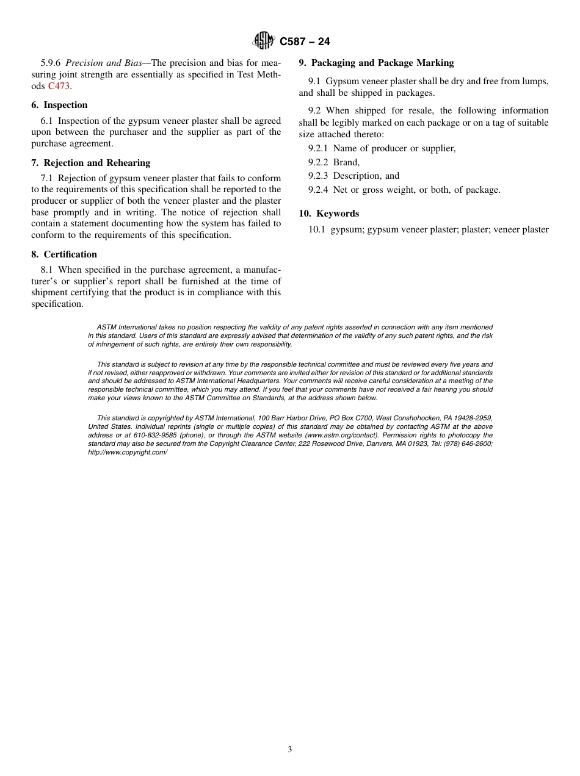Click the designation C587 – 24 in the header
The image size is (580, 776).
[305, 41]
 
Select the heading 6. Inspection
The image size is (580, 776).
[59, 105]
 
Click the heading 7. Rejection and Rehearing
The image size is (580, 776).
[90, 163]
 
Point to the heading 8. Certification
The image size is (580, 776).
[64, 254]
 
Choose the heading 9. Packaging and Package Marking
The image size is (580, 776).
[376, 63]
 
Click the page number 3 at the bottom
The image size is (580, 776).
[290, 750]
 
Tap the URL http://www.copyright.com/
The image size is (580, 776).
[128, 452]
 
